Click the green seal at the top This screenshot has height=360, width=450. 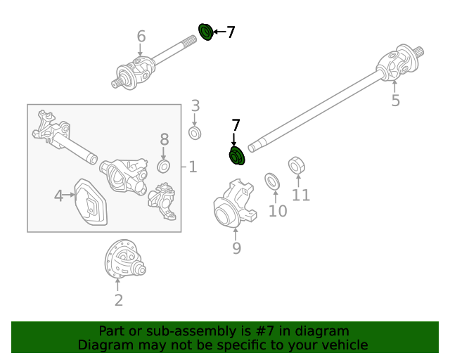coord(206,32)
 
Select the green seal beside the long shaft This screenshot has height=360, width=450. coord(236,155)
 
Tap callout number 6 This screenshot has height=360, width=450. coord(141,37)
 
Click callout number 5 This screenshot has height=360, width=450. coord(395,101)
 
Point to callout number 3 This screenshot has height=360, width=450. coord(195,106)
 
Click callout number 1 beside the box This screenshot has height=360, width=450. coord(193,167)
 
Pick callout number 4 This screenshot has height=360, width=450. coord(59,195)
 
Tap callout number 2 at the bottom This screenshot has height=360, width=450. coord(118,300)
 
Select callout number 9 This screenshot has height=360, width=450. coord(236,247)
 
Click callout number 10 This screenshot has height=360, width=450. coord(278,210)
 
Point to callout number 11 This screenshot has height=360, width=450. coord(301,195)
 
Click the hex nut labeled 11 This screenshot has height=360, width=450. coord(297,167)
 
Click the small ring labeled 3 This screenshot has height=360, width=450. coord(195,132)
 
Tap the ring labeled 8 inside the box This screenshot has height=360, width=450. coord(164,166)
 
